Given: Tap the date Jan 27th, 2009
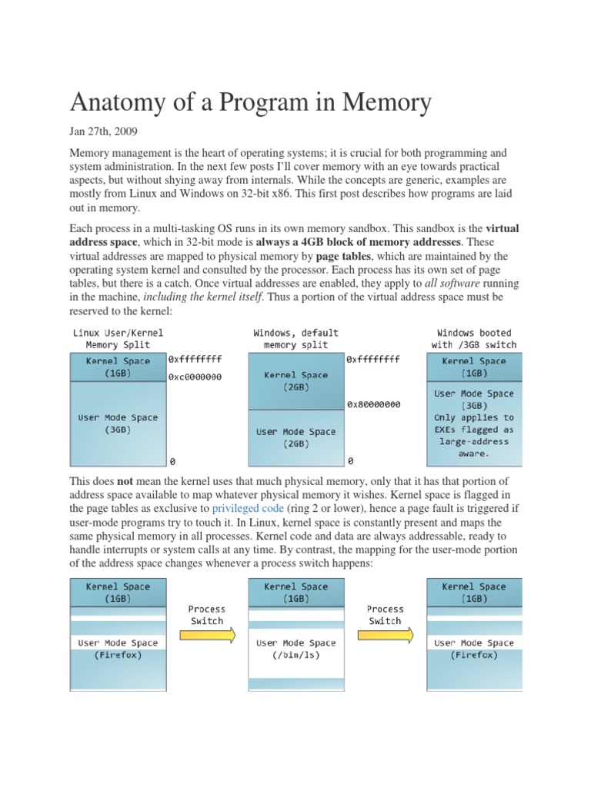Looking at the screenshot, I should [x=103, y=132].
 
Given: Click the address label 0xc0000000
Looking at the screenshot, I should [x=195, y=377].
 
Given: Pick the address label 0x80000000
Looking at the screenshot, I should [x=373, y=403].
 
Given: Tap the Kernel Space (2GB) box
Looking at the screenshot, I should [x=295, y=381].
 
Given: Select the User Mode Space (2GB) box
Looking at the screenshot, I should [x=295, y=437].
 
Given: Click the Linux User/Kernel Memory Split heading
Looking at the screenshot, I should [x=118, y=339].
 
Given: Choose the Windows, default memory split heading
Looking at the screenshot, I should [x=295, y=339].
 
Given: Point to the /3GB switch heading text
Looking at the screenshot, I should [x=474, y=345].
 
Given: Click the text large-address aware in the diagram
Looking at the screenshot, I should [x=474, y=447].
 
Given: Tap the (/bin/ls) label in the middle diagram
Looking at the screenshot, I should [x=295, y=656].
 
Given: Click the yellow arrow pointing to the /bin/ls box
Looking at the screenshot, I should [x=206, y=636].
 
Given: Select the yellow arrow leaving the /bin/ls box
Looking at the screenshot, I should [x=385, y=636].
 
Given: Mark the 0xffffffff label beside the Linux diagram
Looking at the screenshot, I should [x=195, y=359].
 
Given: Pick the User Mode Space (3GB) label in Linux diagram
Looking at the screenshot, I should [x=118, y=423].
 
